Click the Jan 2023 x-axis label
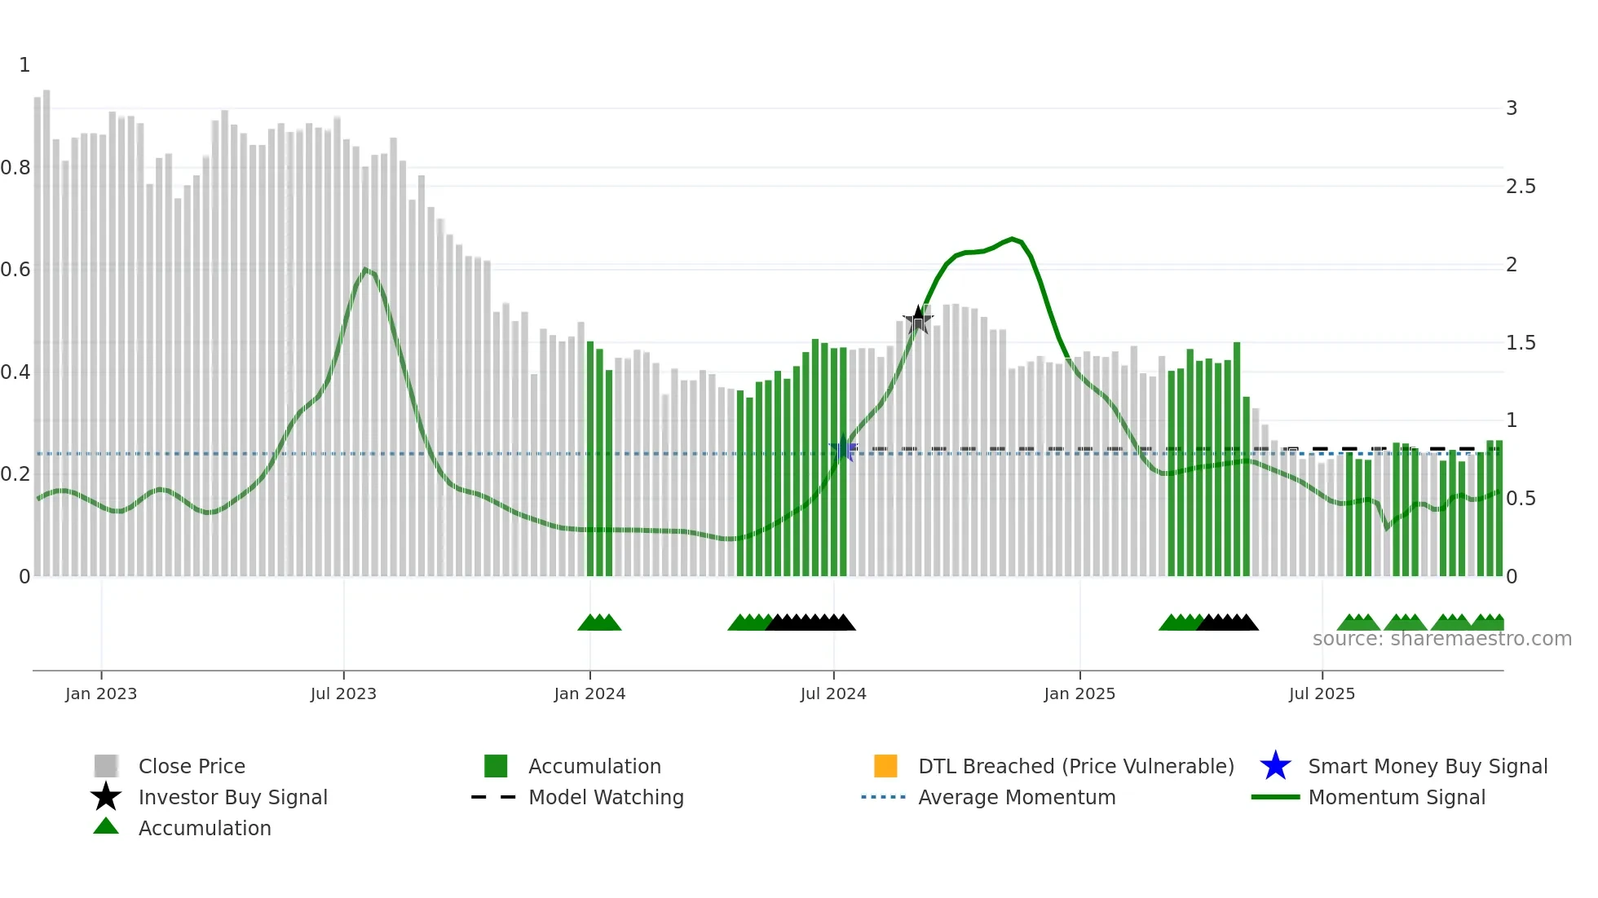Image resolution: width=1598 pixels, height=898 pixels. click(101, 693)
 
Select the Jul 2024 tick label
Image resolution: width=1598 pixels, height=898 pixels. click(833, 693)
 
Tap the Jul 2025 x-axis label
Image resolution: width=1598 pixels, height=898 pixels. click(1322, 693)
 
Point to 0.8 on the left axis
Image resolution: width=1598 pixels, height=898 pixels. click(16, 168)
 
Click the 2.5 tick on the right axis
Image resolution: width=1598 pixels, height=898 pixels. click(1521, 187)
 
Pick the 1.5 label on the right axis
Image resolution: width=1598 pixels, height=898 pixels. click(1521, 343)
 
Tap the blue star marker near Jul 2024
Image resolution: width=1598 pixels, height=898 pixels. click(843, 449)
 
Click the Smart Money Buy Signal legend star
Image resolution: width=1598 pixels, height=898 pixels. click(1275, 766)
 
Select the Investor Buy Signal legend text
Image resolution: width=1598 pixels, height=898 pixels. click(232, 797)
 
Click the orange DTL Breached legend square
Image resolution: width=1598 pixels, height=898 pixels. click(885, 766)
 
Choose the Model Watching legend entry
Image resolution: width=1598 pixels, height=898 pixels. click(606, 797)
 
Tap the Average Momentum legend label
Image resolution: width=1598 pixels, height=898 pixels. click(1017, 797)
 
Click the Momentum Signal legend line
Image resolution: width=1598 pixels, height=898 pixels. click(1275, 797)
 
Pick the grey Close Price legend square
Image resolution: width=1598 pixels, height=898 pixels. click(106, 766)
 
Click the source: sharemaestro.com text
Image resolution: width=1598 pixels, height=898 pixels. click(1441, 639)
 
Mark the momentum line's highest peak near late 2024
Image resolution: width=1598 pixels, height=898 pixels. click(1012, 239)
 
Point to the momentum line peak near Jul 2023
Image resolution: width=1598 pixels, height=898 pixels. click(365, 270)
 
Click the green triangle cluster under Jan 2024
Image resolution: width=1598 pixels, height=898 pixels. click(599, 623)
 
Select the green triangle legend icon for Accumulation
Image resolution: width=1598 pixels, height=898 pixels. click(106, 826)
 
